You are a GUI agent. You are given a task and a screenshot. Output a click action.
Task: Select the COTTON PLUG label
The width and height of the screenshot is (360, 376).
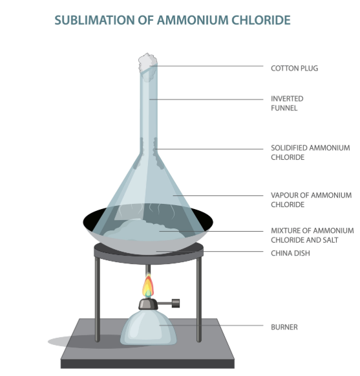point(294,69)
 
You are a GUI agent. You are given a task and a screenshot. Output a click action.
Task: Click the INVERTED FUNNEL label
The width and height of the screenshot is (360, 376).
point(287,104)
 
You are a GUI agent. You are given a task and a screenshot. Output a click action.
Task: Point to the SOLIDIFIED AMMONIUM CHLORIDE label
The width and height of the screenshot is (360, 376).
point(310,153)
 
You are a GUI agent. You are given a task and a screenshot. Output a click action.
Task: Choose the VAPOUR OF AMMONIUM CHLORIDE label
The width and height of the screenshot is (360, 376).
point(311,200)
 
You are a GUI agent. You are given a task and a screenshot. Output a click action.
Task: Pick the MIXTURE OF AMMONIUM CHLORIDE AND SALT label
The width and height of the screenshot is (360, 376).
point(312,235)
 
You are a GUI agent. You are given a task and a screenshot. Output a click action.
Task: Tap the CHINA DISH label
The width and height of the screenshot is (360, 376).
point(290,253)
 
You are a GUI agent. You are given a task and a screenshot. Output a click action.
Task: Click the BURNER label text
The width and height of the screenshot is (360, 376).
point(284,327)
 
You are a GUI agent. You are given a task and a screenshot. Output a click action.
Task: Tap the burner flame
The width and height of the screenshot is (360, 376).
point(148,285)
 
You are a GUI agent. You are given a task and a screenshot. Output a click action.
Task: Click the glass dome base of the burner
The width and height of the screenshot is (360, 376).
point(148,327)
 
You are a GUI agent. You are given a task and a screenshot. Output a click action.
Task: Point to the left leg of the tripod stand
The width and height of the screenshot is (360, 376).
point(97,299)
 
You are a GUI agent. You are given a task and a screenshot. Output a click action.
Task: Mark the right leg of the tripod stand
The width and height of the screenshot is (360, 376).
point(199,299)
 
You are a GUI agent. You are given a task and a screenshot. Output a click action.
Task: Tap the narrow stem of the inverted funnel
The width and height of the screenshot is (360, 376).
point(149,108)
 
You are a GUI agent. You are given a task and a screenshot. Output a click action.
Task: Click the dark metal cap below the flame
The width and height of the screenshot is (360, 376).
point(148,304)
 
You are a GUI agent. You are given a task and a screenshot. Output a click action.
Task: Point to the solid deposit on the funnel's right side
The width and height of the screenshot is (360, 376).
point(158,153)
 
